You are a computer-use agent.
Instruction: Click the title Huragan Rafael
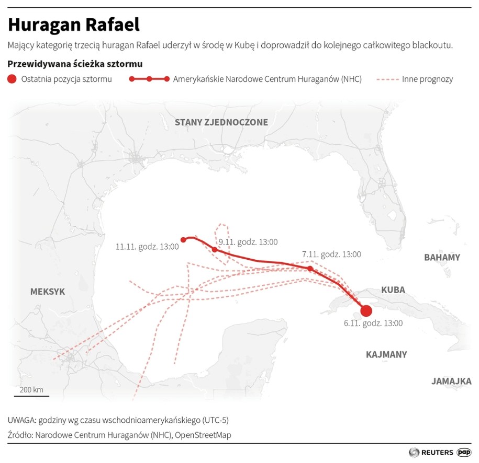(73, 25)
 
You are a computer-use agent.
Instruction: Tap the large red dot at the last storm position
(366, 311)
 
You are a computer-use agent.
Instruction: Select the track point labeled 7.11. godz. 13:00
(310, 269)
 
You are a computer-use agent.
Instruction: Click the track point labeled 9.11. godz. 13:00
(215, 250)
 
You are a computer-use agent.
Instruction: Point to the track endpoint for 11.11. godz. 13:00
(183, 240)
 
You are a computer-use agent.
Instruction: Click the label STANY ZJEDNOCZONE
(221, 122)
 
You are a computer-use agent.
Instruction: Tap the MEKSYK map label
(48, 292)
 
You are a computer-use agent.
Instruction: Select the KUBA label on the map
(393, 290)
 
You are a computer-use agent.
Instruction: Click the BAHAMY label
(442, 257)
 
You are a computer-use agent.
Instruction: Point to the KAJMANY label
(386, 354)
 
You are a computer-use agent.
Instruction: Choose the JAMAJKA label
(451, 381)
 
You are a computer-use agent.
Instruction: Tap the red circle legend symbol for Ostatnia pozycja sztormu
(12, 79)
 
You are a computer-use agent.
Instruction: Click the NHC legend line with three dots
(149, 79)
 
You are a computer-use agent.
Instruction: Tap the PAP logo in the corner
(464, 452)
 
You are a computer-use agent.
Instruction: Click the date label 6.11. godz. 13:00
(373, 323)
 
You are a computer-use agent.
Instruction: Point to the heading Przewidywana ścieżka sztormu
(75, 64)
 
